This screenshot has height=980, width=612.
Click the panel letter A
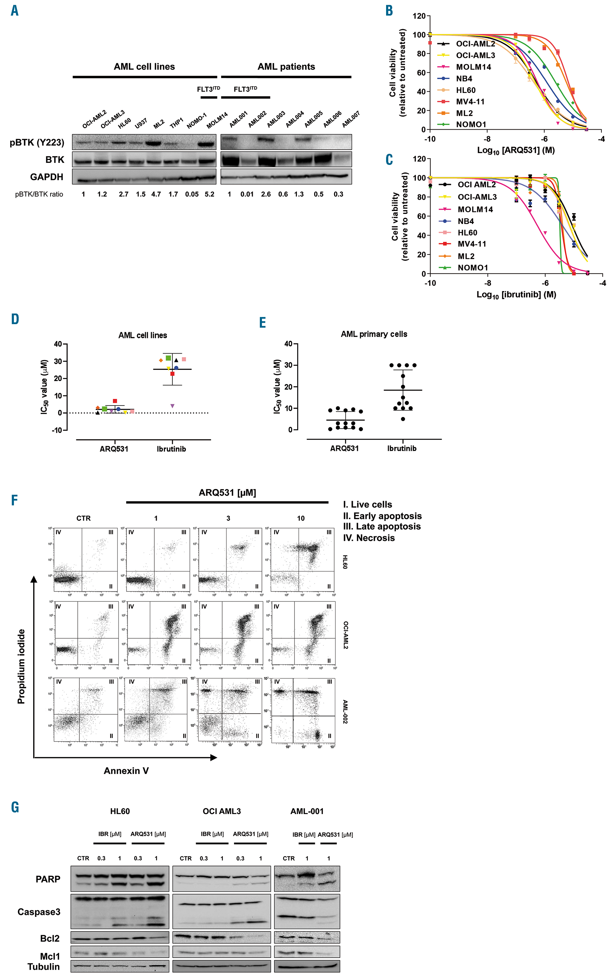pos(15,11)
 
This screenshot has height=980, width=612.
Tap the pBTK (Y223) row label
pos(37,143)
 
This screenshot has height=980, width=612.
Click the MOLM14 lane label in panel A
pos(217,120)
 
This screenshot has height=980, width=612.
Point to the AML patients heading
pos(286,67)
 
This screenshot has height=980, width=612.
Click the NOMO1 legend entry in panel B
pos(471,124)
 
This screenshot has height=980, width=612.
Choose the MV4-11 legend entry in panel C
pos(472,244)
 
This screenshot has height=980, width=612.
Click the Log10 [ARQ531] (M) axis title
pos(516,151)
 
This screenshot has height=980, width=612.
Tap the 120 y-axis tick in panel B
pos(419,16)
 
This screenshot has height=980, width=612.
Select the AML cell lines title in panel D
pos(142,335)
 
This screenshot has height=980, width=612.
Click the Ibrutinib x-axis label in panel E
pos(402,448)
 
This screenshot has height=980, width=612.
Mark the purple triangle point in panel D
pos(172,406)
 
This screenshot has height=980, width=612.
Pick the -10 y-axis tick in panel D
pos(57,430)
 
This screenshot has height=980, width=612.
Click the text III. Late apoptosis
pos(382,527)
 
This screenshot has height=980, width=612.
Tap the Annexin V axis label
pos(126,771)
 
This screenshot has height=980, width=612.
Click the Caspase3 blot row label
pos(39,911)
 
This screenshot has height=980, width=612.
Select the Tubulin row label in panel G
pos(44,967)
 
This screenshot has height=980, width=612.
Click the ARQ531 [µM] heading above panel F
pos(227,493)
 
